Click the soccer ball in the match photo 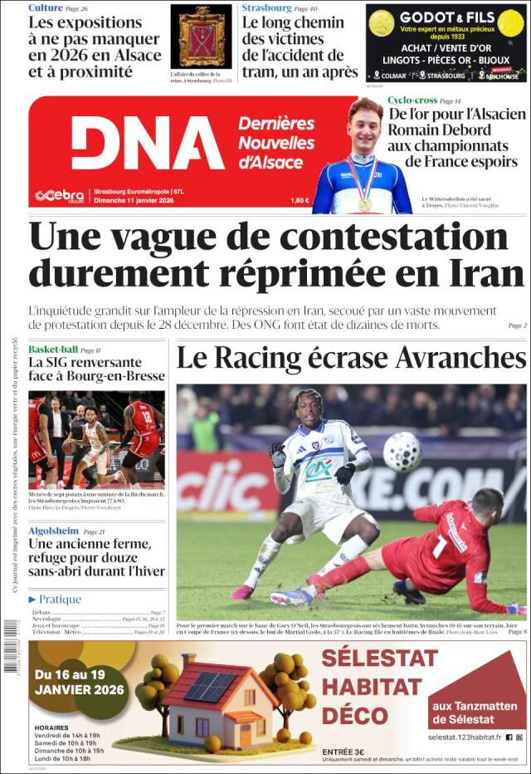(x=403, y=453)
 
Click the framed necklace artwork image (x=201, y=37)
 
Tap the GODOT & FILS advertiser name (x=447, y=17)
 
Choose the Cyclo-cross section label (x=413, y=100)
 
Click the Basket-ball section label (x=53, y=350)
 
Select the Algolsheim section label (x=53, y=531)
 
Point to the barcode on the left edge (x=11, y=644)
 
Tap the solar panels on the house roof (x=209, y=686)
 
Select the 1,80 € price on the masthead (x=300, y=200)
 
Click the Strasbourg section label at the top (x=266, y=7)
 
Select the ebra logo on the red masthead (x=58, y=196)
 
